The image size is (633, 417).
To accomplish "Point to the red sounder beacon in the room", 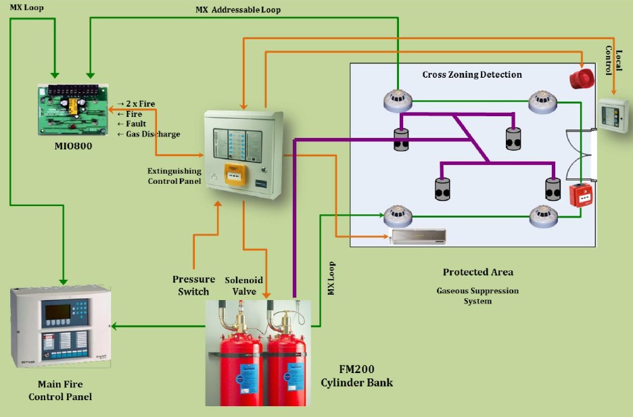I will coord(580,78).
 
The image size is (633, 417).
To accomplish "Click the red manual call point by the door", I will coord(580,195).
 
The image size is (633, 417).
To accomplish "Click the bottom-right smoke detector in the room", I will coord(544,216).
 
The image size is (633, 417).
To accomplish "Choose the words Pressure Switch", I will coord(193,285).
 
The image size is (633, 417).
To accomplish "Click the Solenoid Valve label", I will coord(243,285).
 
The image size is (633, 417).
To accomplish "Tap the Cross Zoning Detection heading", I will coord(472,74).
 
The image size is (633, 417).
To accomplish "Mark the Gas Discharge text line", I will coord(149,134).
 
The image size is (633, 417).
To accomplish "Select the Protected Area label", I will coord(477,272).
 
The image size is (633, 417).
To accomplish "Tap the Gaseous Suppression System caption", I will coord(477,295).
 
